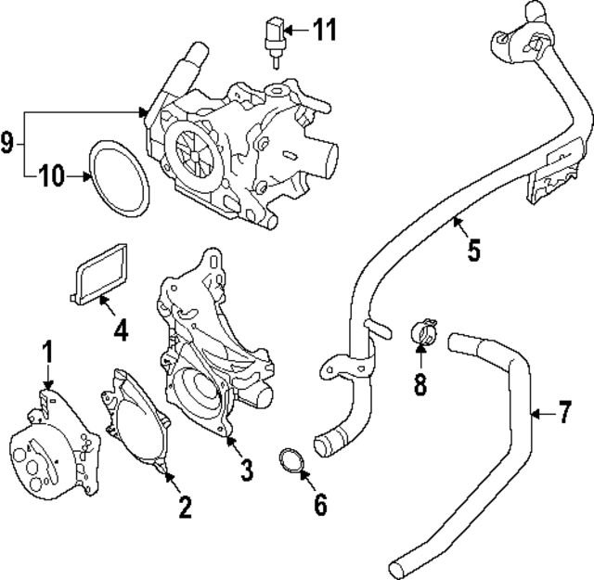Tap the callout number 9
[x=7, y=143]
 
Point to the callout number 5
[x=473, y=250]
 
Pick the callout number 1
[x=47, y=353]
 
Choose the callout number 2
[x=185, y=506]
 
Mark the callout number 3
[x=246, y=470]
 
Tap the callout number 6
[x=320, y=504]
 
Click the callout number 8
[x=420, y=383]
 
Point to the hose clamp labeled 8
[x=423, y=332]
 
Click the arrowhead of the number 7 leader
[x=533, y=410]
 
